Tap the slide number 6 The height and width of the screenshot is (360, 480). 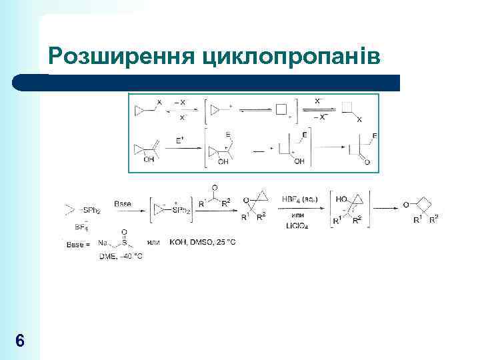click(x=20, y=341)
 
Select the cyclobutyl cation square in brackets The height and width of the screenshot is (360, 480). click(x=281, y=109)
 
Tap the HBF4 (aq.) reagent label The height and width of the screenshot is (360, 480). click(x=299, y=199)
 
